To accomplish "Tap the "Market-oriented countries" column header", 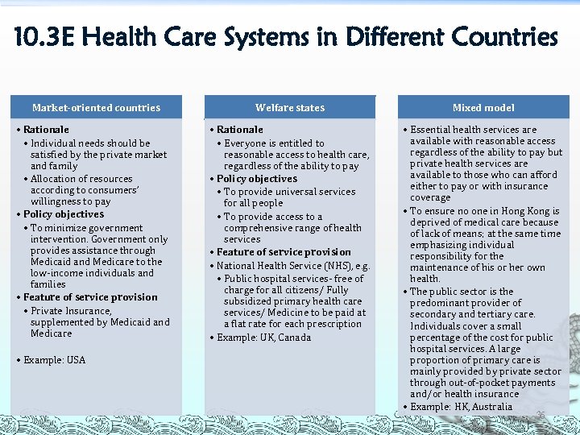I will pyautogui.click(x=96, y=107).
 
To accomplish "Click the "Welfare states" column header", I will pyautogui.click(x=290, y=107).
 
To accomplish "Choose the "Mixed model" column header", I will pyautogui.click(x=483, y=107).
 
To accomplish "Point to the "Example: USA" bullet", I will pyautogui.click(x=54, y=359).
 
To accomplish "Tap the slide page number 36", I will pyautogui.click(x=541, y=414).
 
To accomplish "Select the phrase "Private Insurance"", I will pyautogui.click(x=71, y=310).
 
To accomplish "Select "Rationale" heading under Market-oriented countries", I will pyautogui.click(x=46, y=129).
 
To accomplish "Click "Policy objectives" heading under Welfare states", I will pyautogui.click(x=257, y=179).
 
